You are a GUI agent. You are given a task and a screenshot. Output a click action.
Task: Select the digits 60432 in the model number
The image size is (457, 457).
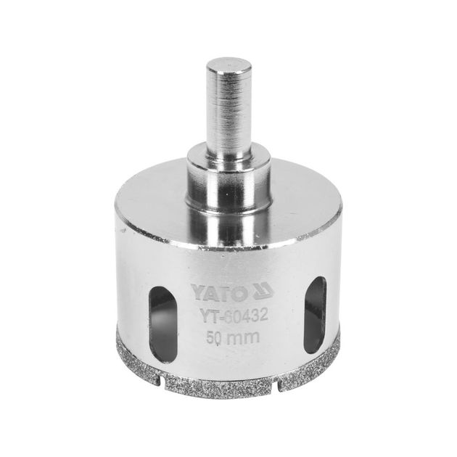pos(247,315)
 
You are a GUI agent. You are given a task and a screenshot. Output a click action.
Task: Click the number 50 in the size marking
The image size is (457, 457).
pos(214,338)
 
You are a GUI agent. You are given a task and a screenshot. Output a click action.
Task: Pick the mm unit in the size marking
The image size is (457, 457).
pos(242,337)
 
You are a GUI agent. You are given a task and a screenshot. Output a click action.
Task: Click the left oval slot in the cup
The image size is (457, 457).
pos(162,324)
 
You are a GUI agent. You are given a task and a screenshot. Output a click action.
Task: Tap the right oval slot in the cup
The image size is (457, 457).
pos(315,315)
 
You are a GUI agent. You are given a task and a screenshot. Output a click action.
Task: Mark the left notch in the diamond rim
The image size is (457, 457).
pos(162,384)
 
